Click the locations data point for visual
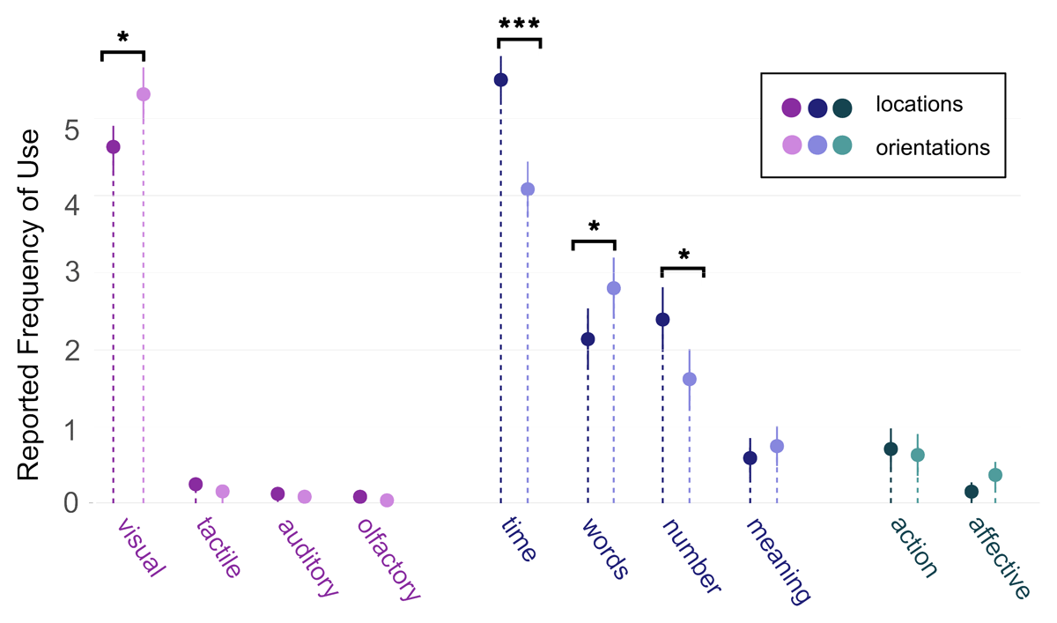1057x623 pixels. pos(113,146)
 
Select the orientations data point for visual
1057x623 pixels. pos(143,94)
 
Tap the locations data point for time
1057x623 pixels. pos(500,79)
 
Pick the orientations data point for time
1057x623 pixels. pos(528,189)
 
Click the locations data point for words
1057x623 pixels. pos(588,339)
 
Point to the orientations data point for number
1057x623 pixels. pos(690,379)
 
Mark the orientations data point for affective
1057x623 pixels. pos(995,475)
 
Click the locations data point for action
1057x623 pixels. pos(891,449)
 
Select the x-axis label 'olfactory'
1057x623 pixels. pos(388,560)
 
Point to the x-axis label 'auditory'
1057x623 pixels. pos(307,558)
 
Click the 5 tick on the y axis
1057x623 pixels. pos(72,130)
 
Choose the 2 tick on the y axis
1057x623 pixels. pos(72,350)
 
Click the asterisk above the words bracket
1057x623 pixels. pos(594,227)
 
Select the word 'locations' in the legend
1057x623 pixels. pos(919,104)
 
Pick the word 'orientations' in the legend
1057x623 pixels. pos(933,147)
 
